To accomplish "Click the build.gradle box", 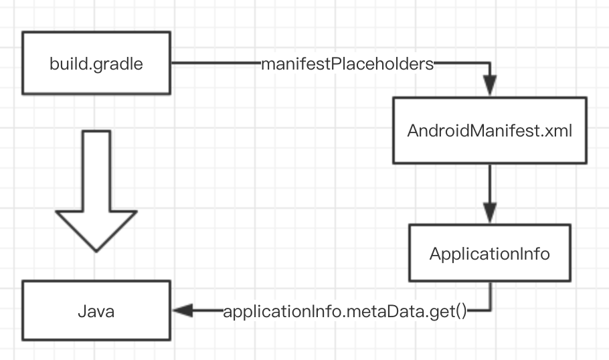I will click(x=96, y=64).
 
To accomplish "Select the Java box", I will click(x=96, y=311).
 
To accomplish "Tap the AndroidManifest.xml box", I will click(x=490, y=130).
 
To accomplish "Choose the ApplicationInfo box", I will click(x=490, y=254).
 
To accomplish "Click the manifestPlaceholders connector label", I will click(x=347, y=64).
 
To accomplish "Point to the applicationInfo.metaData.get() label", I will click(x=344, y=312).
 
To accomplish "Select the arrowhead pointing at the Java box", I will click(x=183, y=311).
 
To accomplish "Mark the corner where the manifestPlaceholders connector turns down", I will click(x=491, y=64).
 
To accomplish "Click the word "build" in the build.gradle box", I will click(x=65, y=64).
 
